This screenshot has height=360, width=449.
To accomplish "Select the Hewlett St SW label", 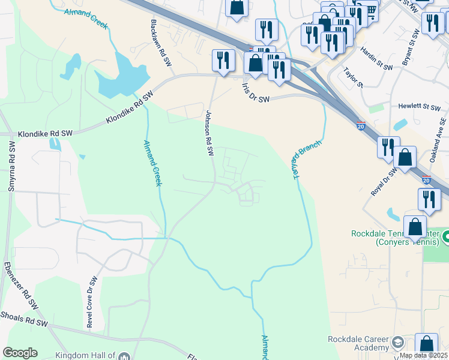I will [x=420, y=107].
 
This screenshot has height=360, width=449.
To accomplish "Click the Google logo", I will [x=20, y=353].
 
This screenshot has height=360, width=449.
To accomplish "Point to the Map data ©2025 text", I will [x=423, y=355].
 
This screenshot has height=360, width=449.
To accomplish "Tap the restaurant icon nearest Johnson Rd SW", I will [x=223, y=60].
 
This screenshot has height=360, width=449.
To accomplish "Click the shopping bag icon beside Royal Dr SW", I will [x=406, y=158].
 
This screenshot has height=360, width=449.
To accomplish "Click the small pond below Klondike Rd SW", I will [x=56, y=144].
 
